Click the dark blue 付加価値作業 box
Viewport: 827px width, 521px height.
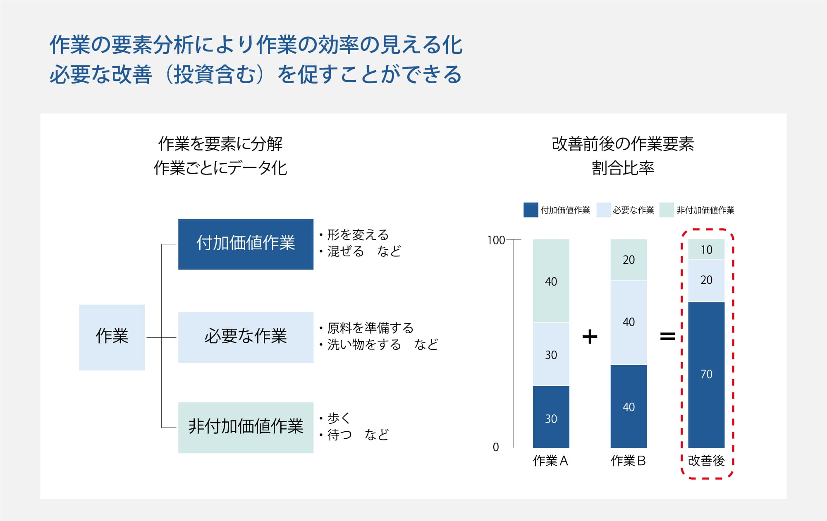coord(246,244)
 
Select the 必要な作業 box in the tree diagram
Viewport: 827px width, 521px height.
coord(246,337)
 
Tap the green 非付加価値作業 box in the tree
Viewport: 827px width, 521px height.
coord(246,428)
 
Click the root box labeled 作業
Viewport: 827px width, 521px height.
coord(112,337)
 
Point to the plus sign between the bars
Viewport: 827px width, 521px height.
coord(590,337)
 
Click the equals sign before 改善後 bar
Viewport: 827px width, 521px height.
coord(667,337)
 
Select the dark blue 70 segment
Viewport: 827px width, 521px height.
coord(706,375)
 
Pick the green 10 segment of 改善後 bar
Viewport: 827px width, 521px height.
coord(706,249)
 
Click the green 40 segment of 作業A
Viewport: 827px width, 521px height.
coord(551,281)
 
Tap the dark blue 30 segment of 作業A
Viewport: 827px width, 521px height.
coord(551,417)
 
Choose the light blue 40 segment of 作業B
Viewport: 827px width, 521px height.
coord(629,323)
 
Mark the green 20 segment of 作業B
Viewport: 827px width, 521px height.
coord(629,260)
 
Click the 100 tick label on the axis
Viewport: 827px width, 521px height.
coord(496,240)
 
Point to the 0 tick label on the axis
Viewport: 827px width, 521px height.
coord(496,447)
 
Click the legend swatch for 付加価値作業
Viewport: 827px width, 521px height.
coord(531,210)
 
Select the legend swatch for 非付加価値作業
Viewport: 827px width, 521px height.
coord(667,210)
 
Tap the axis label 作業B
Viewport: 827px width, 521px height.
coord(628,461)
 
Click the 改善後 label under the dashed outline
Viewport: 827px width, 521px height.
coord(706,461)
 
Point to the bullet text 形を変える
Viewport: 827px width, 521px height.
coord(358,235)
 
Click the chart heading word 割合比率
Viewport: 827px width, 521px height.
coord(623,168)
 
